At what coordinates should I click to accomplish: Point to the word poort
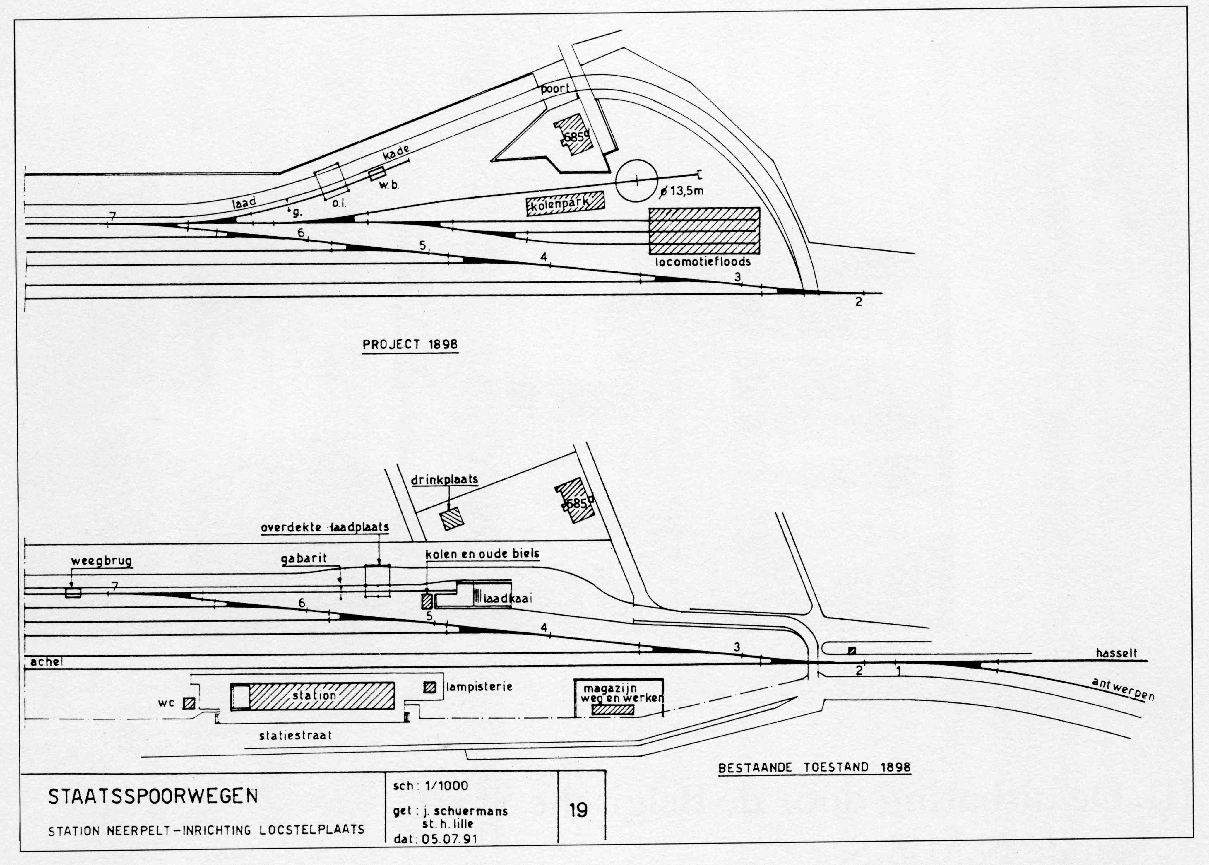pyautogui.click(x=555, y=88)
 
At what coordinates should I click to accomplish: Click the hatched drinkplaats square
pyautogui.click(x=451, y=518)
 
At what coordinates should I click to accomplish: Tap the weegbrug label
pyautogui.click(x=102, y=562)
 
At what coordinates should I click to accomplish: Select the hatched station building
pyautogui.click(x=313, y=696)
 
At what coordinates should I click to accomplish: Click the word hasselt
pyautogui.click(x=1116, y=653)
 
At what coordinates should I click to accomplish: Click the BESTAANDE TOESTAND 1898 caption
pyautogui.click(x=814, y=767)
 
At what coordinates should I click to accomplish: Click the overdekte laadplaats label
pyautogui.click(x=325, y=527)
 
